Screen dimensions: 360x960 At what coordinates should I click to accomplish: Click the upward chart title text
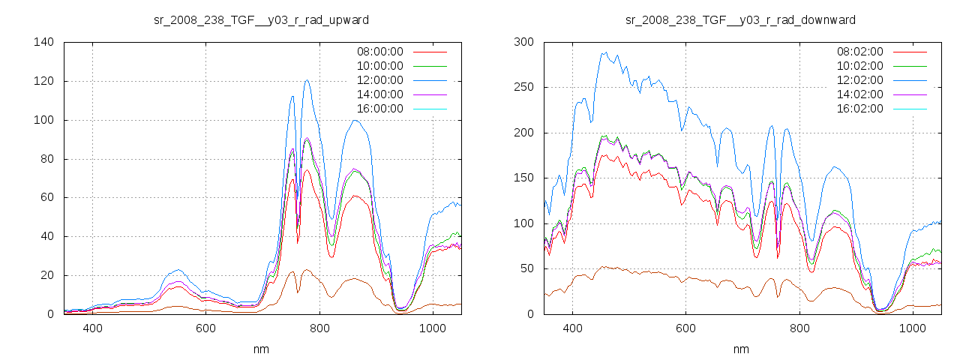pyautogui.click(x=260, y=19)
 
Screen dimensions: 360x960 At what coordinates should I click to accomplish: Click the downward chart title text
pyautogui.click(x=740, y=19)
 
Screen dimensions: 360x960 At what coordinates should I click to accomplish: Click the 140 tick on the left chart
pyautogui.click(x=43, y=42)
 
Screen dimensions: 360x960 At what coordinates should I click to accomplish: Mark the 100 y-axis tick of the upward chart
pyautogui.click(x=43, y=120)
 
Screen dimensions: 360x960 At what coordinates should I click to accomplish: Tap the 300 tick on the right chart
pyautogui.click(x=523, y=42)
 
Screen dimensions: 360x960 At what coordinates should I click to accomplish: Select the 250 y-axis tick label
pyautogui.click(x=523, y=87)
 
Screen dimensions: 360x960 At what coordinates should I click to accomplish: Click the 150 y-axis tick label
pyautogui.click(x=523, y=178)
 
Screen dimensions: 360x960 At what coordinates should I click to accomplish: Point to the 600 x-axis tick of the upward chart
pyautogui.click(x=205, y=328)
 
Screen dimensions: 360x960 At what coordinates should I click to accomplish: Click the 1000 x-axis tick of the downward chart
pyautogui.click(x=912, y=328)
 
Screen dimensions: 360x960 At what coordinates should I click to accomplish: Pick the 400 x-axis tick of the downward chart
pyautogui.click(x=572, y=328)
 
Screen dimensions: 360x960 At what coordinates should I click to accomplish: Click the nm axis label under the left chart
pyautogui.click(x=260, y=349)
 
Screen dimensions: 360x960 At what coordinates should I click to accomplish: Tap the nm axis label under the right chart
pyautogui.click(x=740, y=349)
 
